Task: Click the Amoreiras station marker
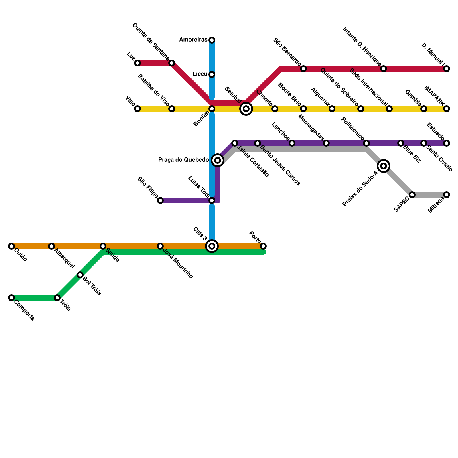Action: coord(212,40)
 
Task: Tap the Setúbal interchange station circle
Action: coord(246,109)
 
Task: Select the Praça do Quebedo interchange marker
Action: coord(218,160)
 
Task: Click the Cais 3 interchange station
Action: coord(212,246)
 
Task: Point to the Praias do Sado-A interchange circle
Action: coord(384,166)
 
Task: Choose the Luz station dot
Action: coord(137,63)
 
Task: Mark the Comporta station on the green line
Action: coord(11,298)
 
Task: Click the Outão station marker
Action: coord(11,246)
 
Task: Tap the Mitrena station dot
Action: coord(447,195)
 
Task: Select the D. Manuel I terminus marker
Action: coord(447,69)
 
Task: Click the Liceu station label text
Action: coord(200,74)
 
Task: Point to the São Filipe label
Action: coord(147,187)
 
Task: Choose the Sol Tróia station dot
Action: coord(80,275)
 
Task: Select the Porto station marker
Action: coord(263,246)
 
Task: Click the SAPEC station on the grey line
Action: coord(412,195)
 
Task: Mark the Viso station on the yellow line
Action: coord(137,109)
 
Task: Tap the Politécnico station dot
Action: coord(366,143)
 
